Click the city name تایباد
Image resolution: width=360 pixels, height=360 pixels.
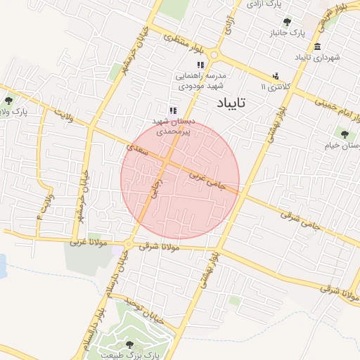(229, 104)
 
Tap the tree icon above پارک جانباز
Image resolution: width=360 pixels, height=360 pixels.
(287, 22)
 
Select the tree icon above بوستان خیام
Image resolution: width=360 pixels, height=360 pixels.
(344, 134)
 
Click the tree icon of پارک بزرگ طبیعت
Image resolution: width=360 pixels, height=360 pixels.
(129, 345)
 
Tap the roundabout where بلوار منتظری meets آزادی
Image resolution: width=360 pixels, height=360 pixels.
(214, 55)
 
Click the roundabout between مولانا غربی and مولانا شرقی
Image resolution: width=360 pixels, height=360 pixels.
(128, 244)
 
